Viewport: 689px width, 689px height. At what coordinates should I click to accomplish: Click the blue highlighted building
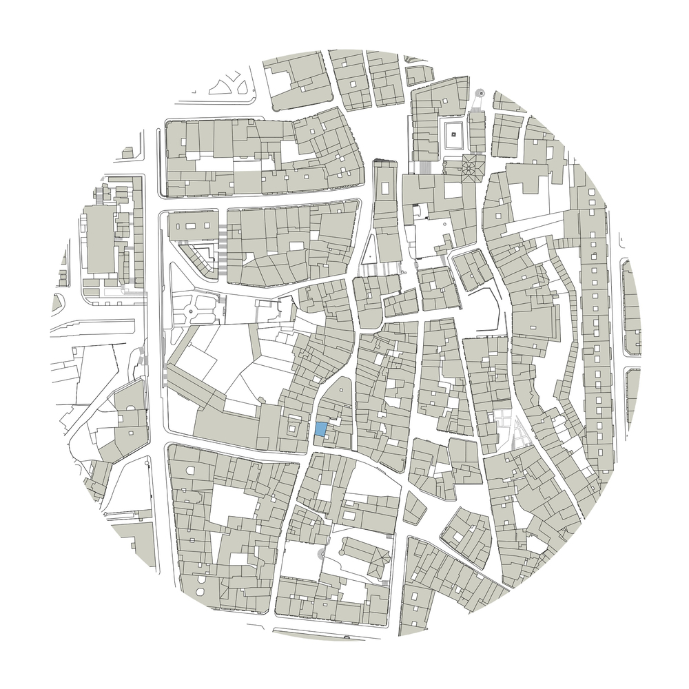click(320, 429)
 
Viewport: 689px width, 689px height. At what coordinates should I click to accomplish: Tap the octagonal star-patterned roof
click(471, 167)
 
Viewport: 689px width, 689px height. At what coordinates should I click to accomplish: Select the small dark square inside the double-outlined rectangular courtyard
click(454, 135)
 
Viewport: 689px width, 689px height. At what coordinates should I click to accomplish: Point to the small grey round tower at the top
click(480, 92)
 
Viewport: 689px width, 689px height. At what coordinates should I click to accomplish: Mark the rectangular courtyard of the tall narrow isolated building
click(383, 186)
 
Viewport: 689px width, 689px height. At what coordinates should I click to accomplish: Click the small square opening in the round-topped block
click(336, 395)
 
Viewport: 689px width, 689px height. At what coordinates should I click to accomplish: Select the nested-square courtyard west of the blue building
click(292, 429)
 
